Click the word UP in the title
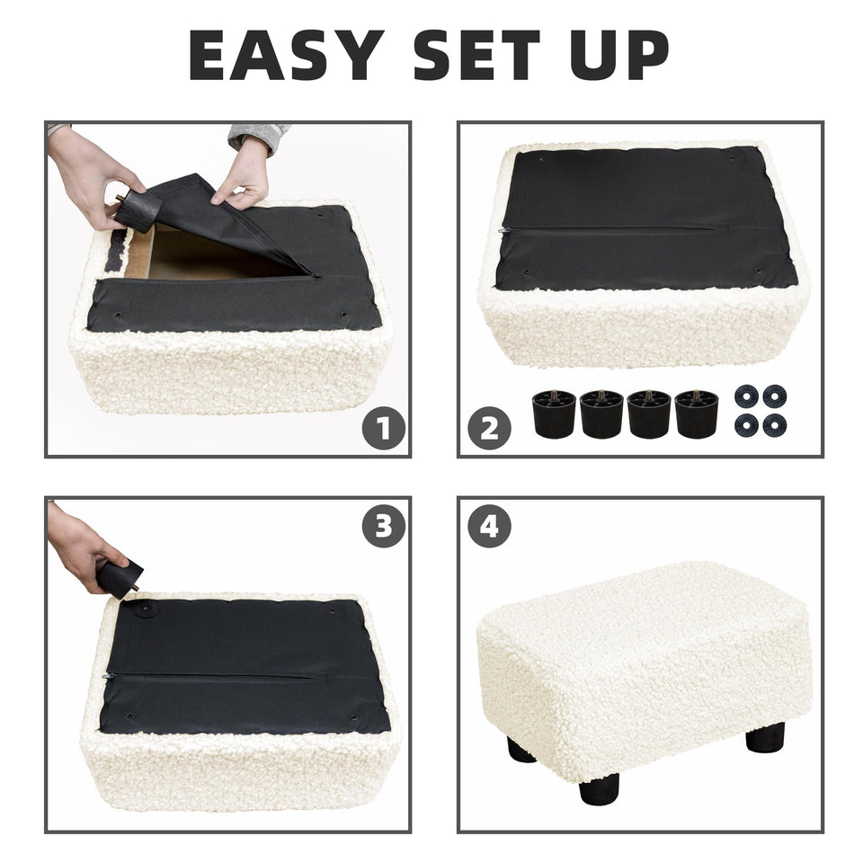coord(619,55)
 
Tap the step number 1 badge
coord(384,428)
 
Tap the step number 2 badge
coord(489,428)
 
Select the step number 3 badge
coord(384,526)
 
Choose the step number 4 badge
coord(489,526)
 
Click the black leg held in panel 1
coord(138,209)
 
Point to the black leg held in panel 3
coord(119,578)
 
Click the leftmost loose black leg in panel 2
coord(554,414)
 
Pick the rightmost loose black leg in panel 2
coord(696,414)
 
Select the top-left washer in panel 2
coord(746,396)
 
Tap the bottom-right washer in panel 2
coord(774,425)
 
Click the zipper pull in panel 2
coord(502,231)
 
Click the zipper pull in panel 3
coord(108,676)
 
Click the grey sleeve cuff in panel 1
coord(259,135)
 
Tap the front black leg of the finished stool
coord(599,788)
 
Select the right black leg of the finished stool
coord(765,737)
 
